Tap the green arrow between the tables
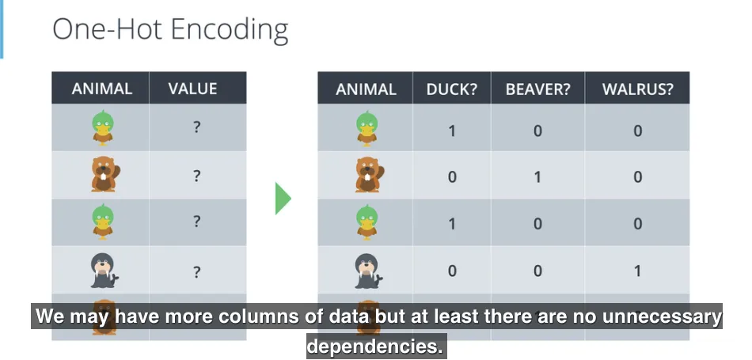click(283, 198)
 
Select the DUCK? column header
click(452, 89)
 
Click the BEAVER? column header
click(537, 89)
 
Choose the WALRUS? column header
click(637, 89)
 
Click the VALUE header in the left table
click(192, 89)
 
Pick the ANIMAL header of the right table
click(366, 89)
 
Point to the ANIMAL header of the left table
click(101, 89)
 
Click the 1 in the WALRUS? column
click(637, 271)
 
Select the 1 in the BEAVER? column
click(537, 176)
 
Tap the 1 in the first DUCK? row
click(452, 130)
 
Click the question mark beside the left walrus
click(196, 271)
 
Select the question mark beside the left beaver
click(196, 176)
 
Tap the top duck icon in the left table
click(102, 128)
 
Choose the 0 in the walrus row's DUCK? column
click(452, 271)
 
